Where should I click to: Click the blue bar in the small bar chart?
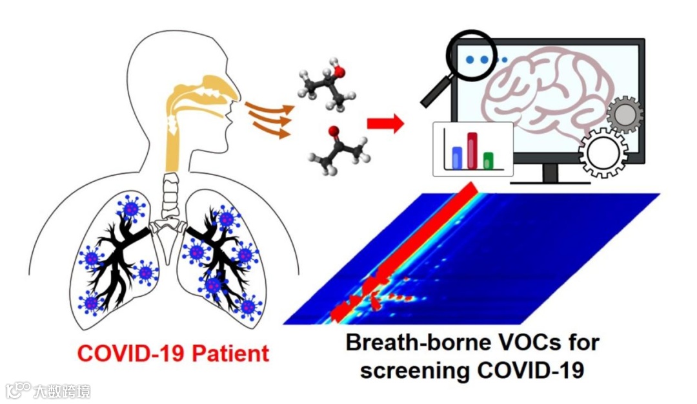coord(457,156)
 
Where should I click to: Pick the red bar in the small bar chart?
coord(472,150)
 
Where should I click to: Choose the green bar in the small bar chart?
coord(489,159)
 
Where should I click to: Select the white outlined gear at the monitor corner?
coord(603,153)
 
